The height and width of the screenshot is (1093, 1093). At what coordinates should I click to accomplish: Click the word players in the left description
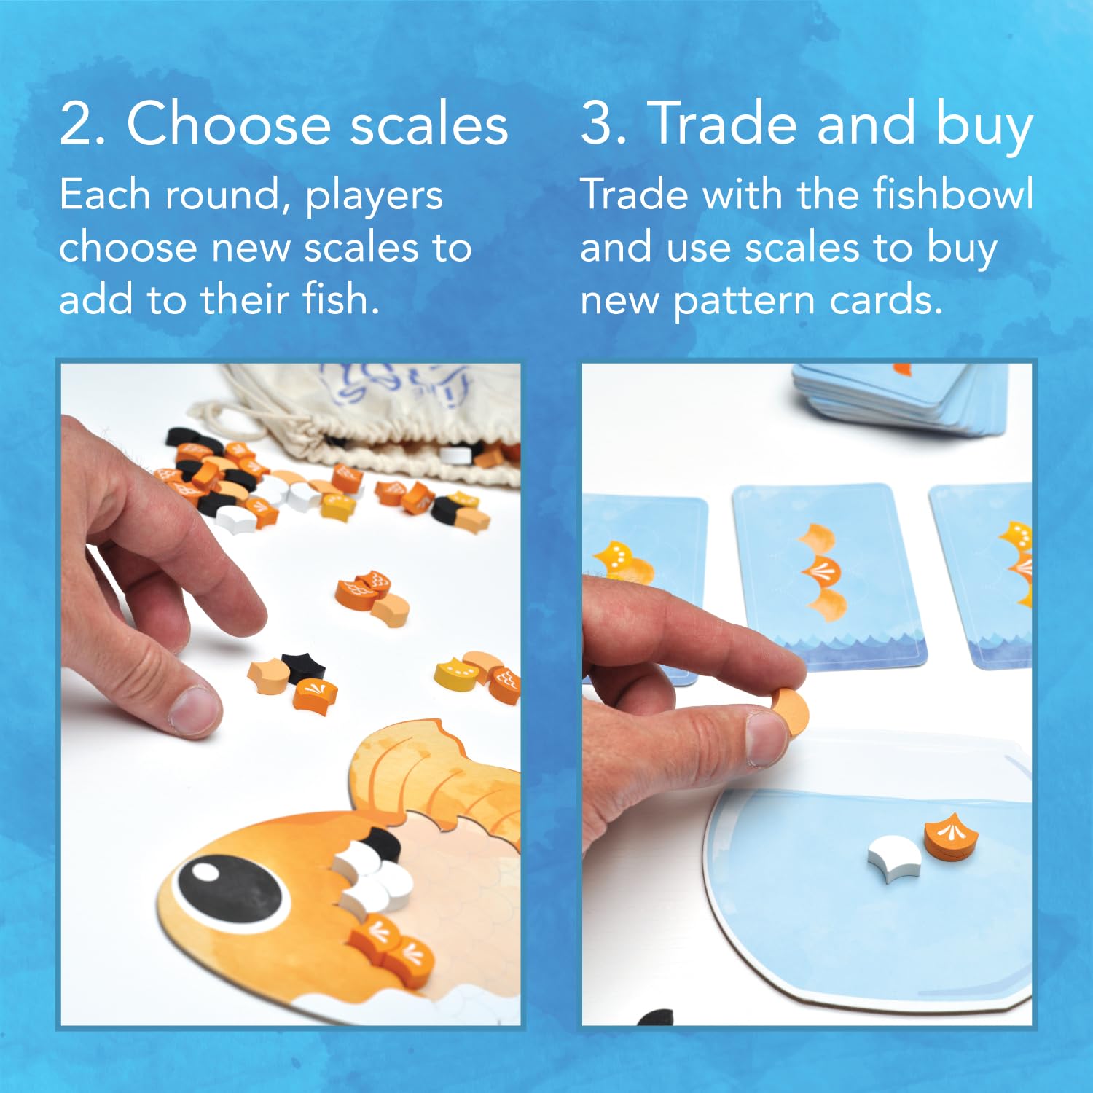click(374, 197)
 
